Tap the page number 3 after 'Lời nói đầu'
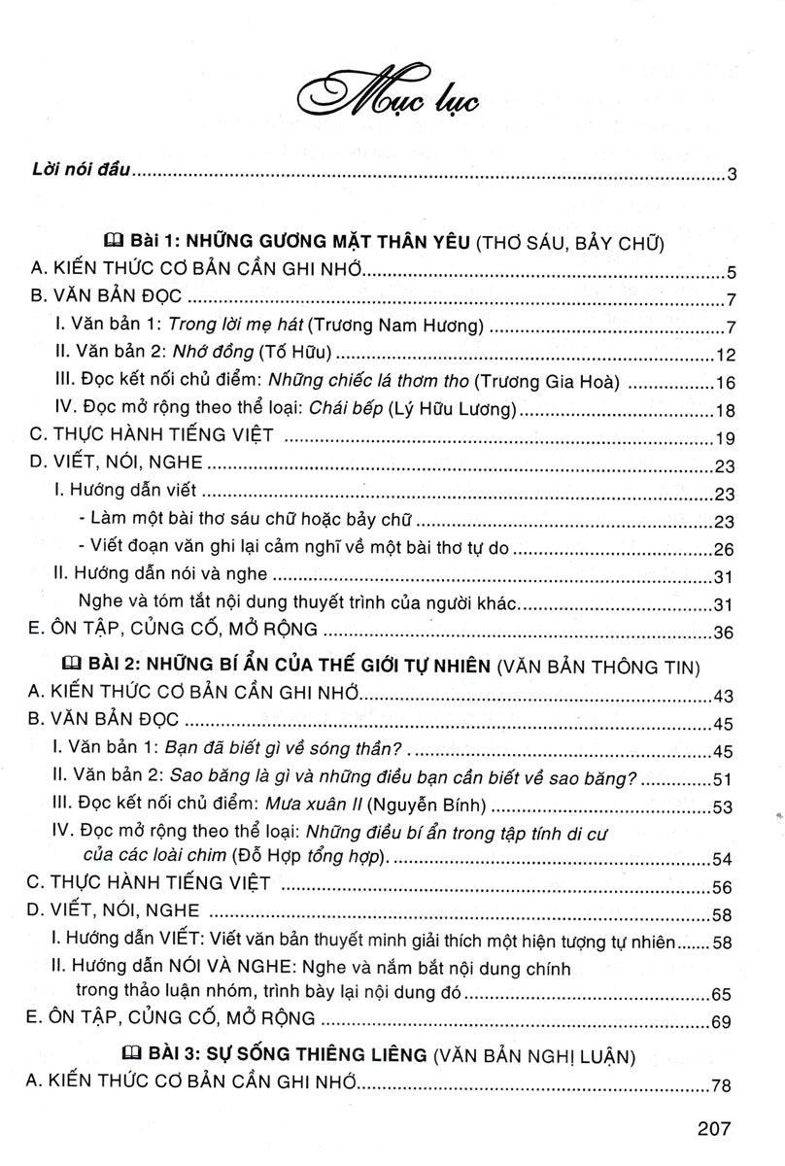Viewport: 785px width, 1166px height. click(x=734, y=176)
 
